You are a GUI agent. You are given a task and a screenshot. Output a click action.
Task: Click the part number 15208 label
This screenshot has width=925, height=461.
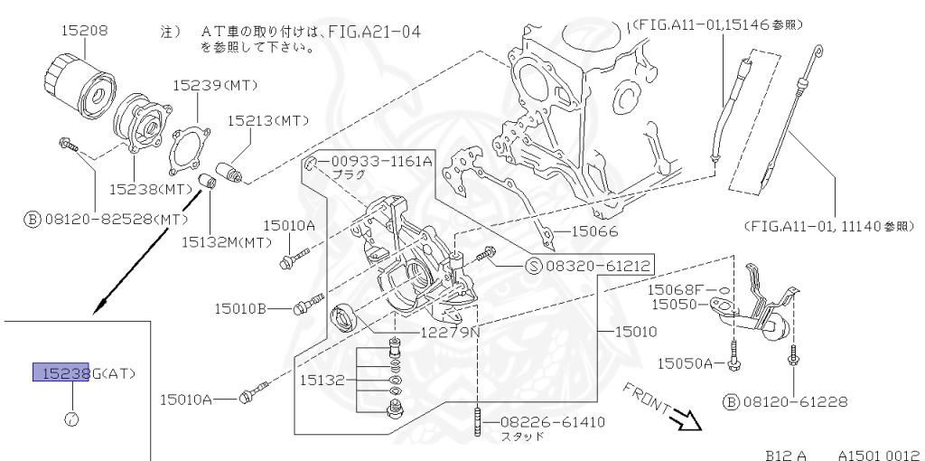pos(84,31)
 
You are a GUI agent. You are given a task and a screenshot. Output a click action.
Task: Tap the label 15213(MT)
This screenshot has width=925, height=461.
pos(267,119)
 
